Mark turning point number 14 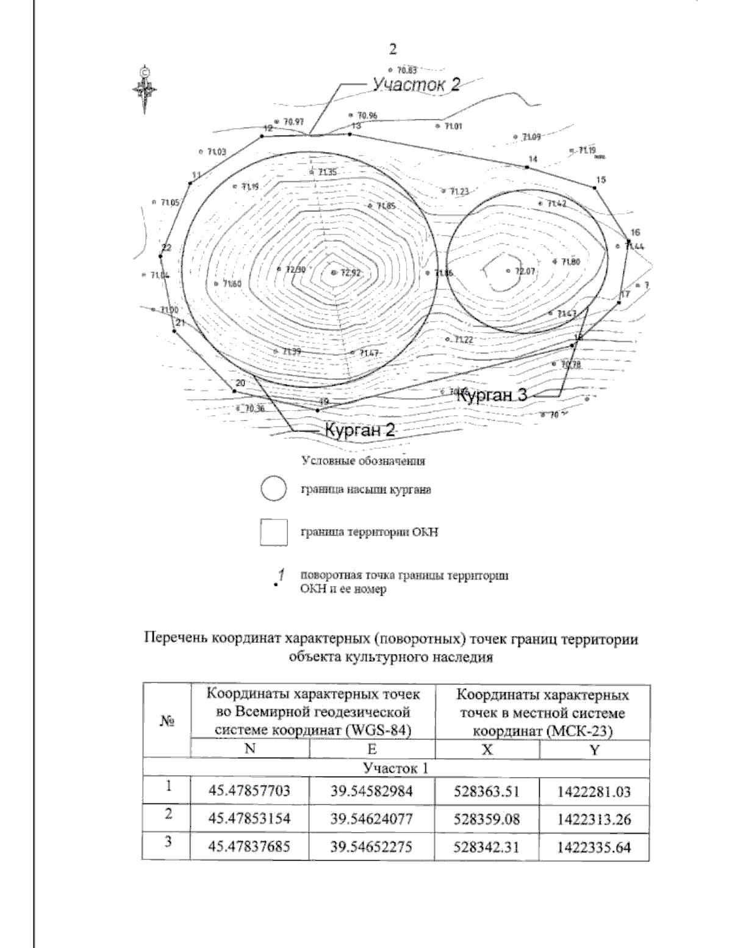pos(528,166)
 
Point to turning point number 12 pos(262,136)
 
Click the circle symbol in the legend pos(273,490)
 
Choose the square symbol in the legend pos(273,532)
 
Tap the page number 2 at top pos(393,49)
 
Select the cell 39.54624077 pos(372,819)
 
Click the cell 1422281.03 pos(594,792)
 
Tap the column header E pos(372,748)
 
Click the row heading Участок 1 pos(395,767)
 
